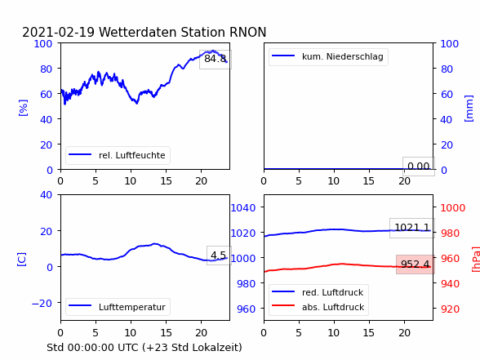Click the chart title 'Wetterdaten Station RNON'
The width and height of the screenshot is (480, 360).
(183, 32)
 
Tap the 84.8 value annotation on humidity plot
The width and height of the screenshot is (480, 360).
(216, 59)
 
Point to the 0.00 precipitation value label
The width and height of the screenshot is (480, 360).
(419, 167)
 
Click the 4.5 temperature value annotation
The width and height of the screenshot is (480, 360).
(218, 255)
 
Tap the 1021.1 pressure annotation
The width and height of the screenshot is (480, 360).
(412, 228)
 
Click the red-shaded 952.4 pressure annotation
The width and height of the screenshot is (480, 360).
(415, 264)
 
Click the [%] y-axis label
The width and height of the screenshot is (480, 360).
(23, 108)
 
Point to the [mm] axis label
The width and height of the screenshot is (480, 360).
(469, 109)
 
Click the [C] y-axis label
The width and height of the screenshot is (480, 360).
(22, 260)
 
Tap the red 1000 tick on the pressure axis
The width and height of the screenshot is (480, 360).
(453, 208)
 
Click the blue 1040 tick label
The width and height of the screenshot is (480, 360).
(243, 208)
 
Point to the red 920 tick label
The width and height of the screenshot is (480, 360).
(450, 309)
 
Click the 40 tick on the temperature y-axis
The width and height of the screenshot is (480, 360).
(47, 194)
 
